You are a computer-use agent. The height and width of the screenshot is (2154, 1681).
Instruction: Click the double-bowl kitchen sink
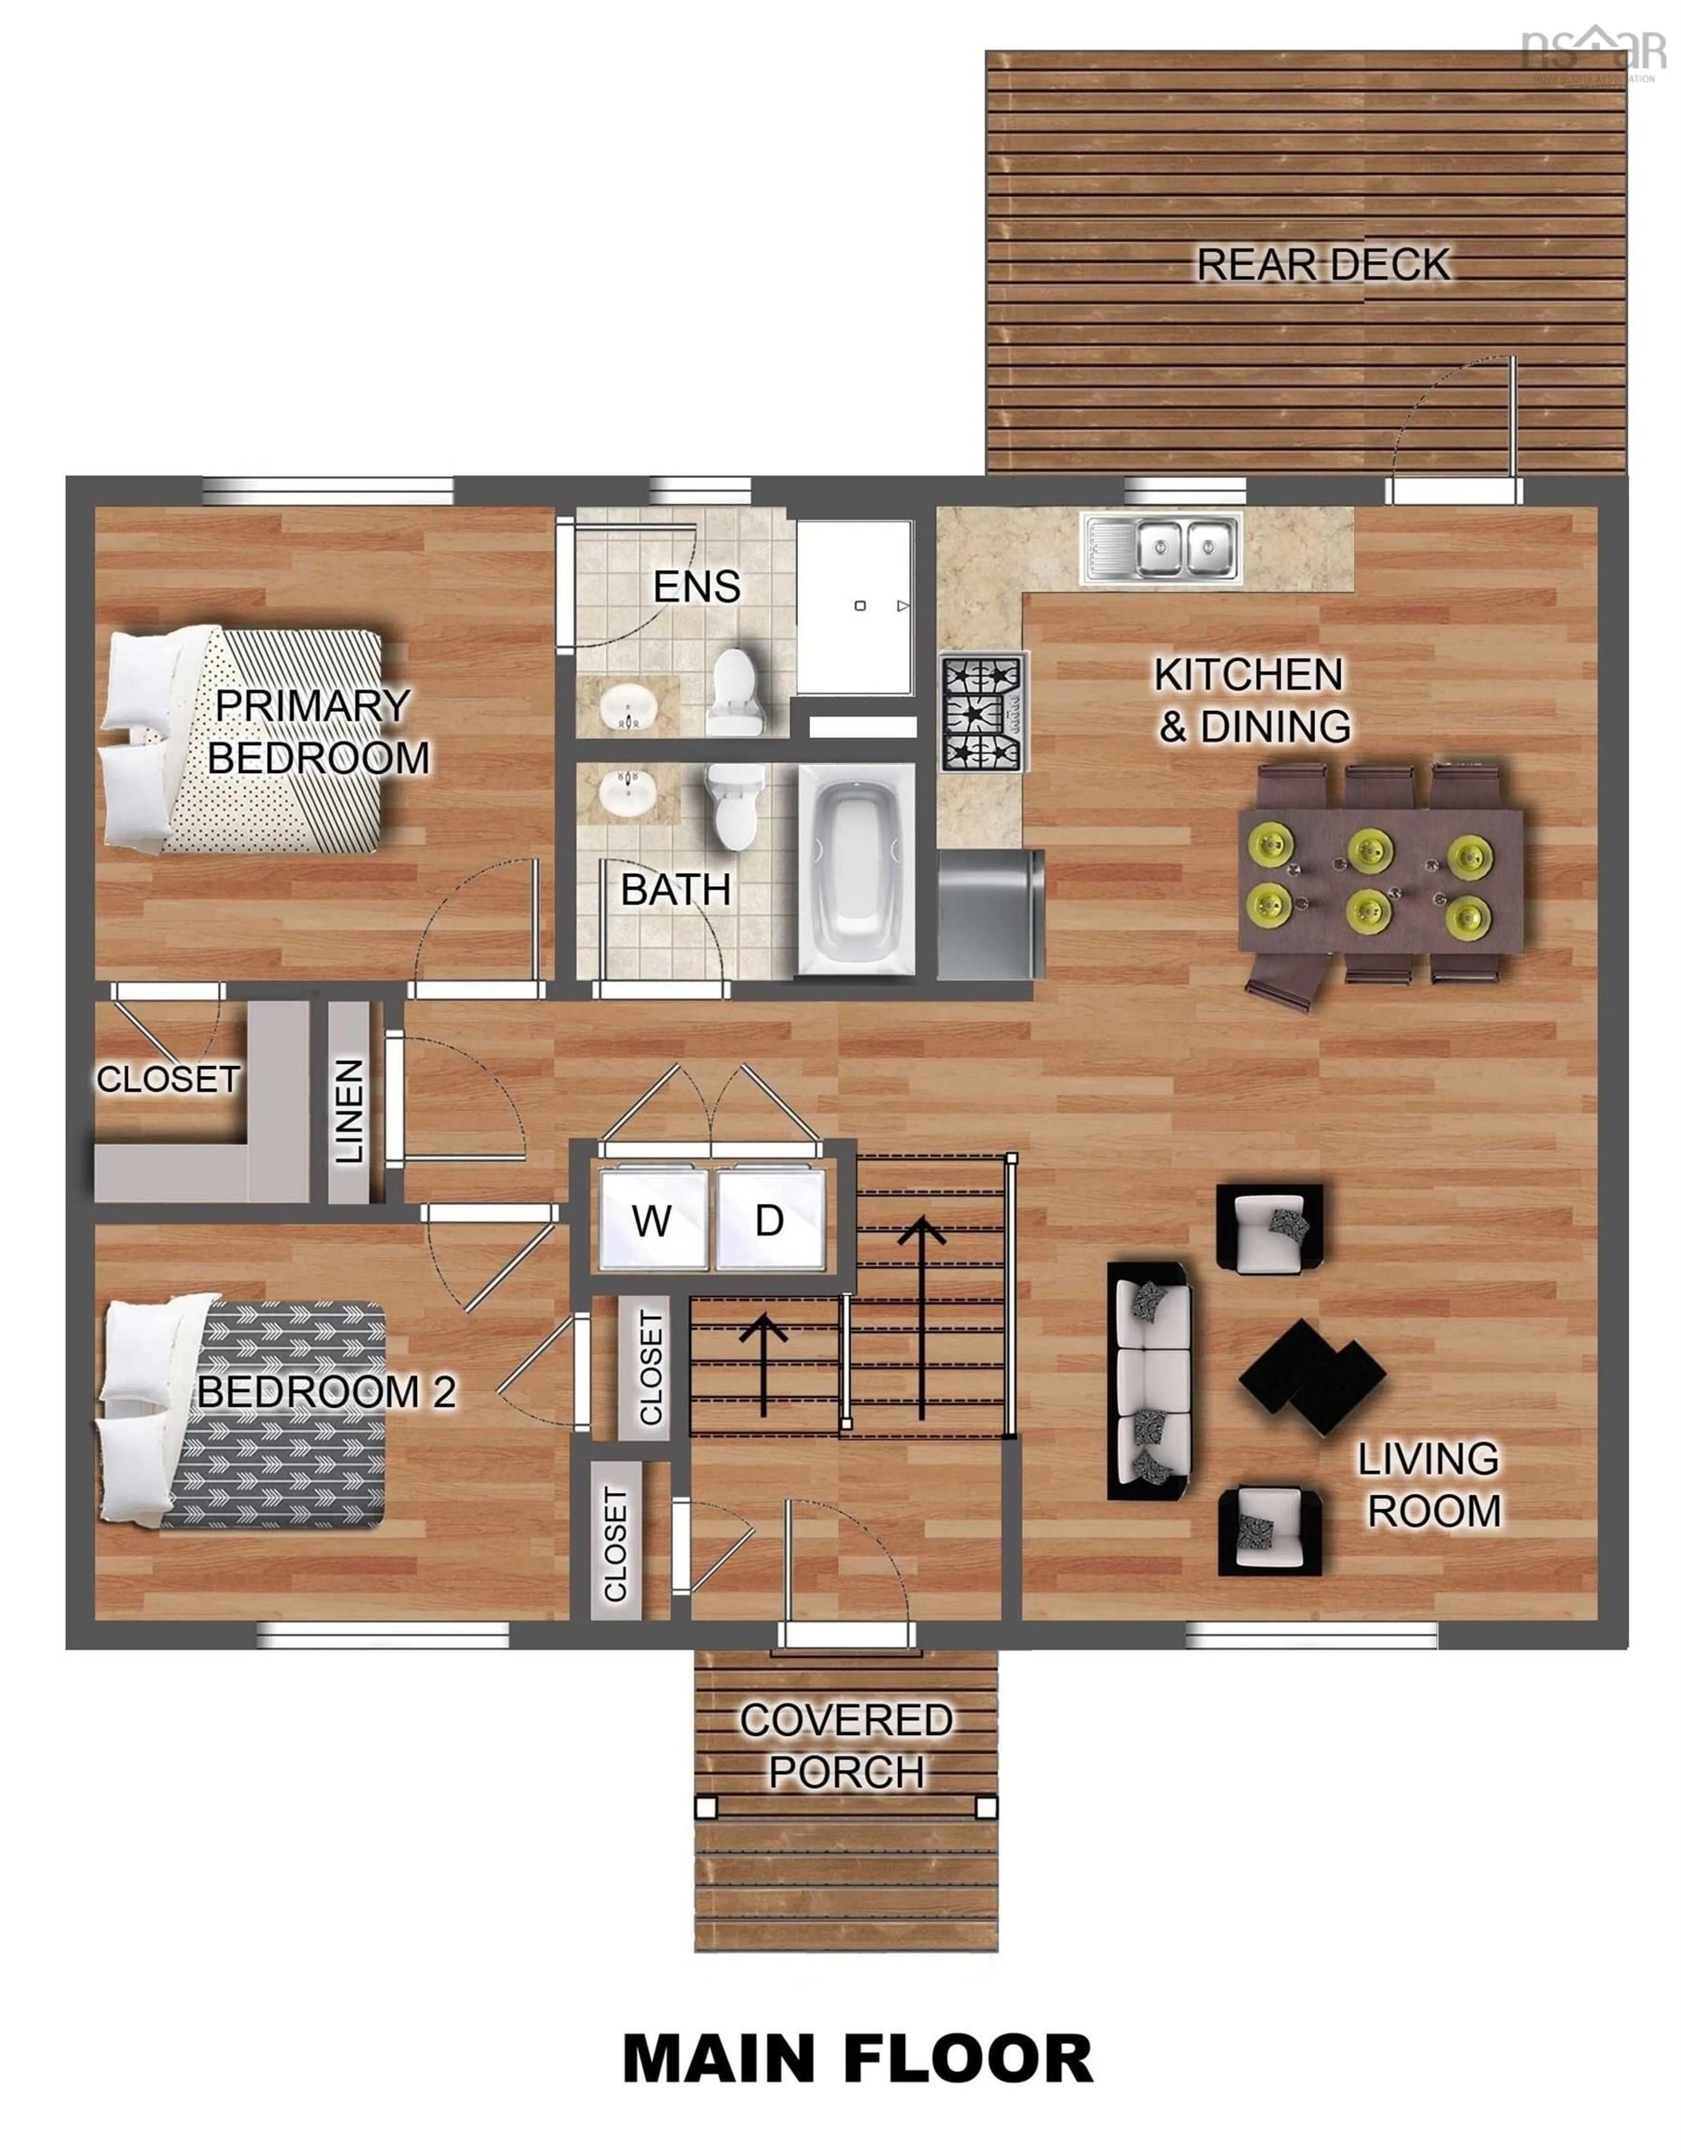pyautogui.click(x=1161, y=548)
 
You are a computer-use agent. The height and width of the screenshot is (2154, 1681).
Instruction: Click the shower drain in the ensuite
pyautogui.click(x=860, y=605)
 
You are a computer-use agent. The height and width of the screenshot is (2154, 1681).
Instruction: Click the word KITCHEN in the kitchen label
pyautogui.click(x=1248, y=675)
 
